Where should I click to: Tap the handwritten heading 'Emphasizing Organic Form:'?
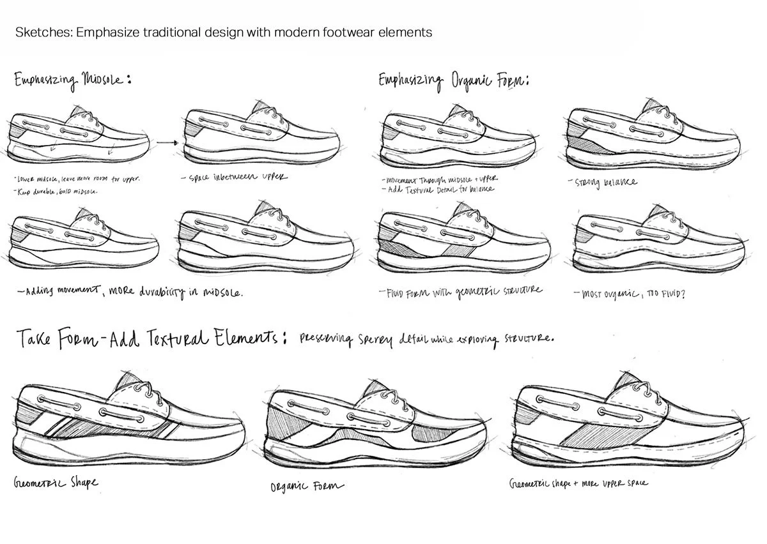453,81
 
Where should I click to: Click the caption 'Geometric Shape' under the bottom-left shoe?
56,482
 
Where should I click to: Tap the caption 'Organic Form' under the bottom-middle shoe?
307,487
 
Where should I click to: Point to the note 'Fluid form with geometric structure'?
463,291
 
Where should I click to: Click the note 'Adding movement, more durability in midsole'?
131,292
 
